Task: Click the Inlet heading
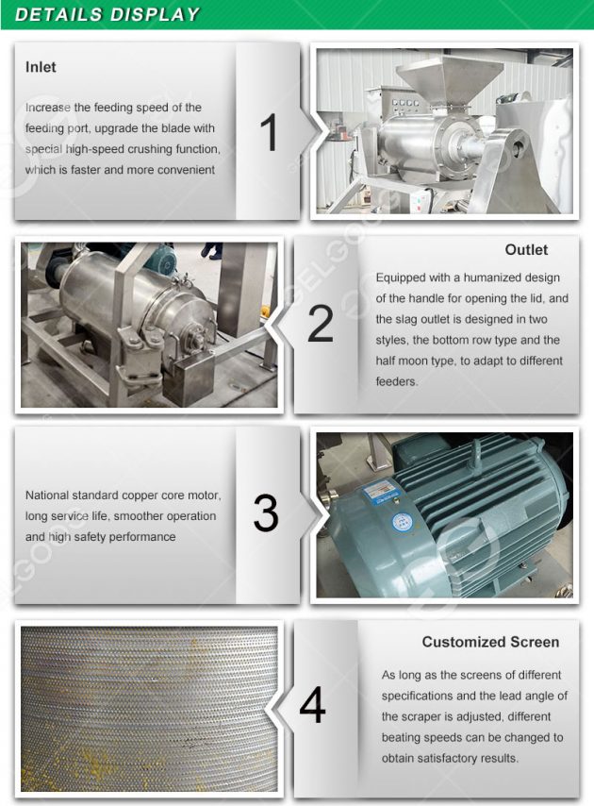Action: [41, 68]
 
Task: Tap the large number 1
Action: [269, 132]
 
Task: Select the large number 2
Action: [321, 324]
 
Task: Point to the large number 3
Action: [266, 512]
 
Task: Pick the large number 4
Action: [312, 705]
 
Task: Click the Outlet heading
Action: [526, 250]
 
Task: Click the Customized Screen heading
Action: [490, 642]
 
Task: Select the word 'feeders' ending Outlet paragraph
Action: [398, 381]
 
